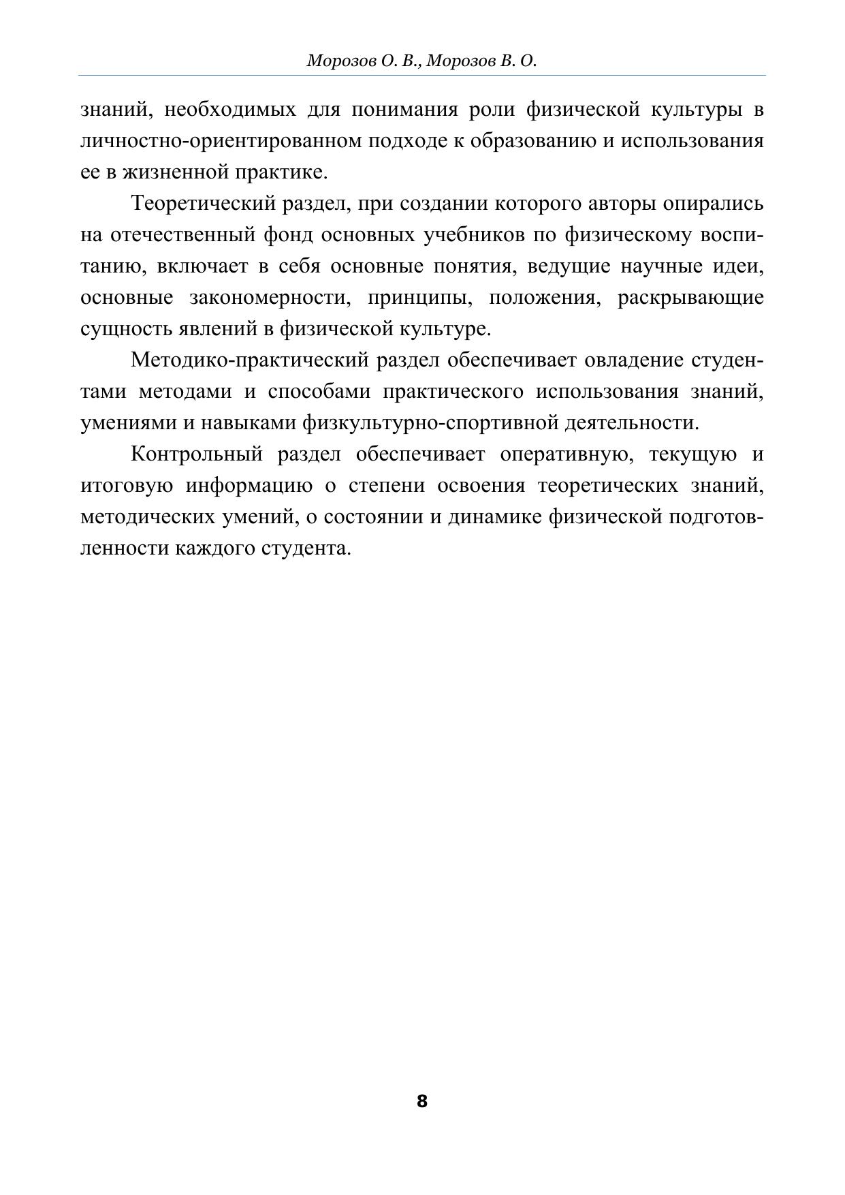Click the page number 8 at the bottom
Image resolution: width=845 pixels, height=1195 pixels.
(421, 1101)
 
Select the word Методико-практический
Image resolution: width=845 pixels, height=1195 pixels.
(250, 360)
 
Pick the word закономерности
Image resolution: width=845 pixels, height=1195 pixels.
(268, 298)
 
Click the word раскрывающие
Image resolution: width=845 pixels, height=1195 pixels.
(690, 298)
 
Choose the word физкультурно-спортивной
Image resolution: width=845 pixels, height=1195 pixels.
(430, 422)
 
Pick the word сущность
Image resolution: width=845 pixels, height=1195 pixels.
(127, 329)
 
